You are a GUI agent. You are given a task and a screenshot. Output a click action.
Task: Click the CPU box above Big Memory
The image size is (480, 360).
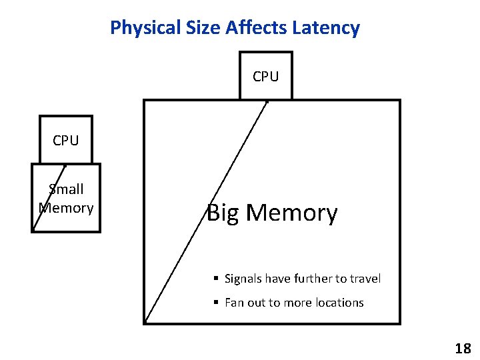[x=266, y=76]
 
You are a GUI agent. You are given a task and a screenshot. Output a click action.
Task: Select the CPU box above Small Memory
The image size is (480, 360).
[x=65, y=140]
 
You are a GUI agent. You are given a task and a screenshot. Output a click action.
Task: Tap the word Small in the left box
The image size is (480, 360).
[x=66, y=189]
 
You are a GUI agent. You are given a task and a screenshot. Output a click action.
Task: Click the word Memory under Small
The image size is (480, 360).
[x=66, y=208]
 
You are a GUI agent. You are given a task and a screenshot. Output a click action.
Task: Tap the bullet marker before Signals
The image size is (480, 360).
[x=216, y=279]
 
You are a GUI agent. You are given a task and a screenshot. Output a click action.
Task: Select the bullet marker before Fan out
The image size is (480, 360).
[x=216, y=303]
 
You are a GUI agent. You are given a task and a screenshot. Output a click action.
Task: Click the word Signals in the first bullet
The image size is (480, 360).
[x=243, y=279]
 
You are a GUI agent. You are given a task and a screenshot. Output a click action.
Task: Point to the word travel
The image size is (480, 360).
[x=365, y=279]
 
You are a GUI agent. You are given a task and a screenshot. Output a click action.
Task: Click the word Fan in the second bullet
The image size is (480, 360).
[x=234, y=303]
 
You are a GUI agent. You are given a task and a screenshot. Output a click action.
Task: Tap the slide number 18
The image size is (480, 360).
[x=463, y=348]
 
